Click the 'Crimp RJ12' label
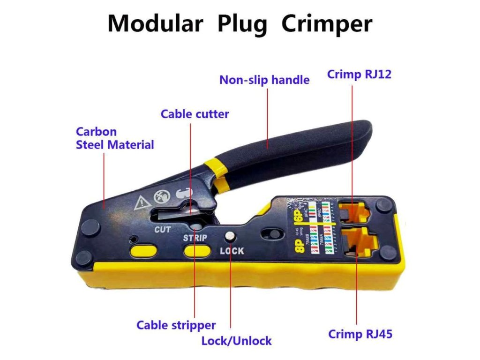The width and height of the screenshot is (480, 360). coord(360,75)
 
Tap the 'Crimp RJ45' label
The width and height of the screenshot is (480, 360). coord(360,334)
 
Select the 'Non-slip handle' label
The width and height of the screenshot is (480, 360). coord(264,80)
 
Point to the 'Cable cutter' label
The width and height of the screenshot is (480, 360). coord(195,114)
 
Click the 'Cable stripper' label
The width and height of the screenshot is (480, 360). coord(176,325)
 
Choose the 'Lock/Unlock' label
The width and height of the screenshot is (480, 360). coord(236,340)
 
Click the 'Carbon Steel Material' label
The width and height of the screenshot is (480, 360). coord(114,138)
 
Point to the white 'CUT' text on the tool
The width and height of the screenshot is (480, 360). coord(163,230)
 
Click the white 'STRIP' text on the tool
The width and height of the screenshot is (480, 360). coord(195,238)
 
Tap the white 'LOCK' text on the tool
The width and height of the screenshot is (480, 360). coord(232,251)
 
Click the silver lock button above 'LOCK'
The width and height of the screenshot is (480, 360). coord(230,237)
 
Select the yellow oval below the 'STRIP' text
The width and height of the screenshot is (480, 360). coord(196,251)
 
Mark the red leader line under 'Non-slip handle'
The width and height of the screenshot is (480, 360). coord(267,112)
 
